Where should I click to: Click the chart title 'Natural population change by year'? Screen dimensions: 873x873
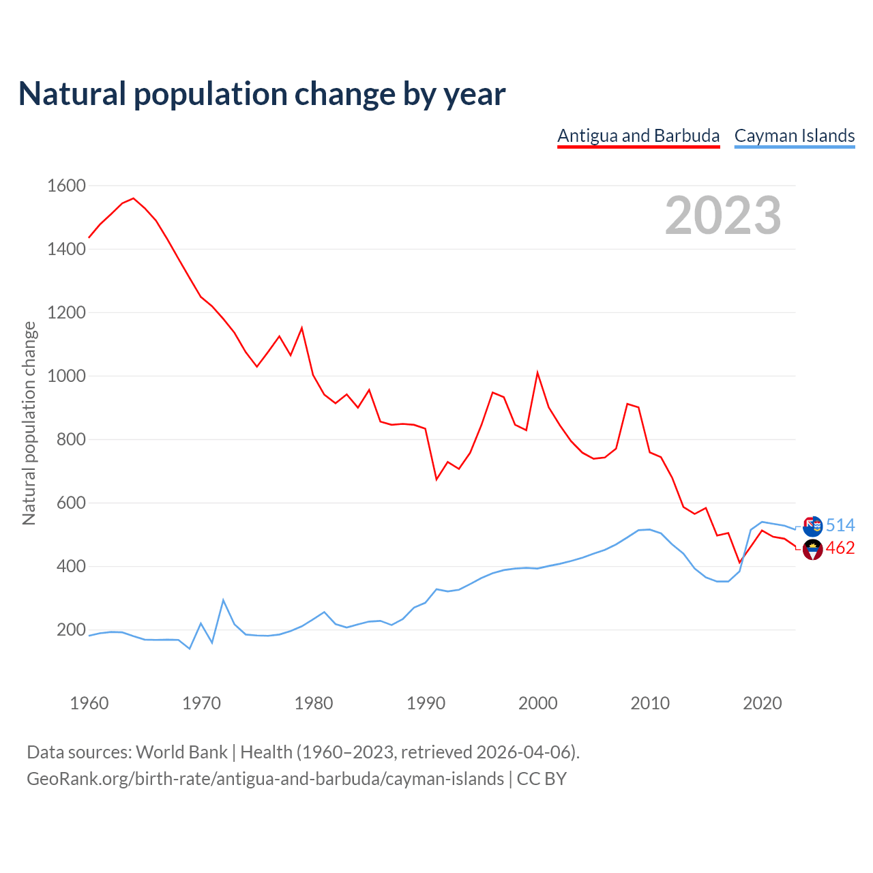[261, 94]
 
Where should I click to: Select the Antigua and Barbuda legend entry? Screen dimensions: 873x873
[638, 136]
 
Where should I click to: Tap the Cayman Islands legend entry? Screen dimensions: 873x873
[795, 136]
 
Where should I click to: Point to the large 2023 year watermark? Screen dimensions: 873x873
[723, 216]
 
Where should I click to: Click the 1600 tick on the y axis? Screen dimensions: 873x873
[66, 186]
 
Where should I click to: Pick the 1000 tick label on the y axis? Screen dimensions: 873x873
[66, 376]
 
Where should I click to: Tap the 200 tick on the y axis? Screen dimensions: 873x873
[71, 630]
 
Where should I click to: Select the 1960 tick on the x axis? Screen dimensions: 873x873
[89, 703]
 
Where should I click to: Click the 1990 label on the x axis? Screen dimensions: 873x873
[426, 703]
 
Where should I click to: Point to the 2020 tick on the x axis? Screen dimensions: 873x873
[762, 703]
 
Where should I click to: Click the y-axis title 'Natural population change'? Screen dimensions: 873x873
[29, 423]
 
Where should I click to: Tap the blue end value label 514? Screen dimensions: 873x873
[840, 525]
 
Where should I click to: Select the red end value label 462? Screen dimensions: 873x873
[840, 548]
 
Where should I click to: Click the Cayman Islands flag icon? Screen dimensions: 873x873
[813, 526]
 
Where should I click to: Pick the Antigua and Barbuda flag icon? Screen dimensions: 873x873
[813, 549]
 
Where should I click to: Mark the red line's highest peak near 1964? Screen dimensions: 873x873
[134, 198]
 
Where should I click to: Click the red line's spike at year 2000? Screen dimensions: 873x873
[537, 372]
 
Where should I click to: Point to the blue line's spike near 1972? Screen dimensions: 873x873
[223, 600]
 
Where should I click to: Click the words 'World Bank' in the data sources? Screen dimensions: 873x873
[181, 752]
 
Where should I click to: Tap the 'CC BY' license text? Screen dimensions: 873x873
[542, 779]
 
